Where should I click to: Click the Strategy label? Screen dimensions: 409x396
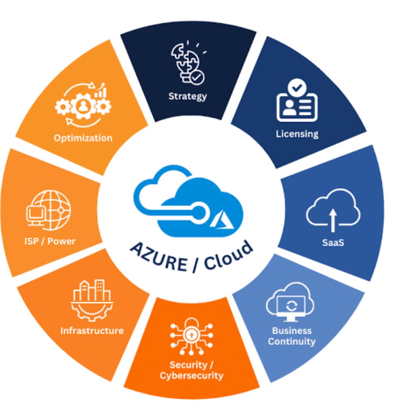[x=188, y=96]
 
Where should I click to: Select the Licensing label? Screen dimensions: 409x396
[x=297, y=134]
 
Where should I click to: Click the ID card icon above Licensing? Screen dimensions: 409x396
[x=297, y=102]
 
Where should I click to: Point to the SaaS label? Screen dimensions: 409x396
[x=333, y=243]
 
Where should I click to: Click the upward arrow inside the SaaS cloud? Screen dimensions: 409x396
[x=333, y=219]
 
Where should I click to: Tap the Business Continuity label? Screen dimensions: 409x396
[x=292, y=336]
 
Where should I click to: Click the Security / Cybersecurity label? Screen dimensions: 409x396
[x=191, y=370]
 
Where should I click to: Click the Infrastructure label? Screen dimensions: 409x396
[x=92, y=330]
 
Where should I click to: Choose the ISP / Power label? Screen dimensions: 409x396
[x=50, y=241]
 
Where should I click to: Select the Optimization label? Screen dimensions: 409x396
[x=83, y=138]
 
